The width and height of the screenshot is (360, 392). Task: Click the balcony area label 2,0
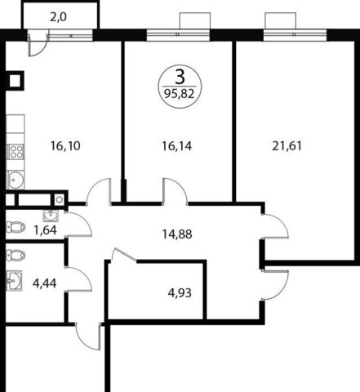(x=59, y=18)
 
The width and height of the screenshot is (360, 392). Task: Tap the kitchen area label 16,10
(x=65, y=146)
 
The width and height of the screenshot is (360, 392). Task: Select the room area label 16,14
(x=177, y=146)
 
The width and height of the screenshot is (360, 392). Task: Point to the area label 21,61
(x=287, y=146)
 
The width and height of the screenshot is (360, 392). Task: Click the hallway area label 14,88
(x=177, y=234)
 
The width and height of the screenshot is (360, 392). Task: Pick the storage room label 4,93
(x=180, y=293)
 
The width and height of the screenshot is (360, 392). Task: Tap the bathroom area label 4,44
(x=44, y=283)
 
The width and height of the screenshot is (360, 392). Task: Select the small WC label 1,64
(x=45, y=230)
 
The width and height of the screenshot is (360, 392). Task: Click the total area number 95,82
(x=180, y=94)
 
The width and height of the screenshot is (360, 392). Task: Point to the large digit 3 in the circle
(x=180, y=77)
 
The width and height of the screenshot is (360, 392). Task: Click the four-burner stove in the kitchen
(x=16, y=152)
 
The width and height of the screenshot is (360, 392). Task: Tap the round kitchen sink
(x=16, y=180)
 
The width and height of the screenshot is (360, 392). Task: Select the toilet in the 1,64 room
(x=16, y=227)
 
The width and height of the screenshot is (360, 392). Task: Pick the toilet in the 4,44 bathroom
(x=16, y=255)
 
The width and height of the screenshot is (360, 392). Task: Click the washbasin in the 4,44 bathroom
(x=14, y=280)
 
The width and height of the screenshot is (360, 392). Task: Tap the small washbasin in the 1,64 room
(x=51, y=216)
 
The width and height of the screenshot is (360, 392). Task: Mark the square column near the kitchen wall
(x=15, y=81)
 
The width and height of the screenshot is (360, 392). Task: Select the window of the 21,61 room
(x=296, y=34)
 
